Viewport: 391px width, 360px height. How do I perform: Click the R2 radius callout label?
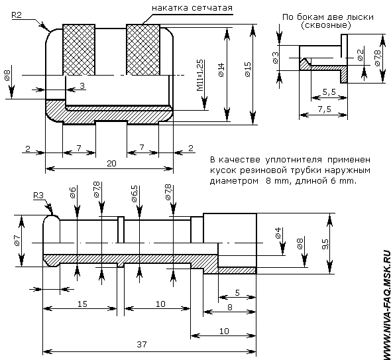point(17,15)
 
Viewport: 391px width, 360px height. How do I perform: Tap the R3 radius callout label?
point(38,196)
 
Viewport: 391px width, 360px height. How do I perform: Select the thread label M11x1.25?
point(200,76)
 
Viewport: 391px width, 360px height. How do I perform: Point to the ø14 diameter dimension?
point(221,70)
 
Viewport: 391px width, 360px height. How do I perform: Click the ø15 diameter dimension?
point(248,70)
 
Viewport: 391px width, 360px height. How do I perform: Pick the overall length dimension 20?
point(111,163)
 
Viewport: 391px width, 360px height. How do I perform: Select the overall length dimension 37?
point(142,345)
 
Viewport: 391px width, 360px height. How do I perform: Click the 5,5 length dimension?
point(329,92)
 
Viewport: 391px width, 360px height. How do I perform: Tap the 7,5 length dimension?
point(325,109)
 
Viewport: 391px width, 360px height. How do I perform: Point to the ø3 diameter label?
point(275,58)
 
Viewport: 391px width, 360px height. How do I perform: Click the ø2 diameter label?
point(361,55)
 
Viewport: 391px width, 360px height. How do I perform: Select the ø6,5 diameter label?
point(134,194)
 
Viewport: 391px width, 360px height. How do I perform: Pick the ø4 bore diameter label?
point(278,233)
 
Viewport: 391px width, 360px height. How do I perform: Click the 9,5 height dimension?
point(325,244)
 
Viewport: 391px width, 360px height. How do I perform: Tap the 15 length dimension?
point(82,304)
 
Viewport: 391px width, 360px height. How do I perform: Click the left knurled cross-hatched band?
point(79,50)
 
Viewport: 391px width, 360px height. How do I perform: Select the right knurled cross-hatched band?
point(143,50)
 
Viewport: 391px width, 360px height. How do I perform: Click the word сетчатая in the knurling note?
point(212,8)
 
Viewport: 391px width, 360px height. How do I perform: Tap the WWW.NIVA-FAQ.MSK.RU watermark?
point(387,304)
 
